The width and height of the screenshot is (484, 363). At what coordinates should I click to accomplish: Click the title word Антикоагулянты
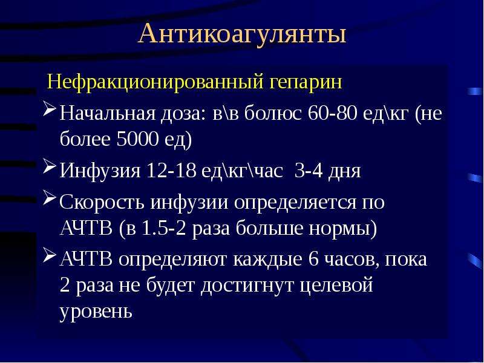pyautogui.click(x=243, y=34)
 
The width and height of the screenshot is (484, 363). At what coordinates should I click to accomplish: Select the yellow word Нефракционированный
pyautogui.click(x=155, y=82)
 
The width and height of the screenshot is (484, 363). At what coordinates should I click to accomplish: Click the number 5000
pyautogui.click(x=137, y=139)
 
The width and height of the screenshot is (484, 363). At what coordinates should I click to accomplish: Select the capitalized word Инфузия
pyautogui.click(x=100, y=171)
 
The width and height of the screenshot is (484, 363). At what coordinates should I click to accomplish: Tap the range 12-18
pyautogui.click(x=171, y=170)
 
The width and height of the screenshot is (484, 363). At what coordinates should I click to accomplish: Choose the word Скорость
pyautogui.click(x=102, y=203)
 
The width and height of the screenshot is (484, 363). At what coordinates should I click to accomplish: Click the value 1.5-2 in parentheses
pyautogui.click(x=164, y=229)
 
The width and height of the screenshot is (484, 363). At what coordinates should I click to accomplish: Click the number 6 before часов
pyautogui.click(x=313, y=259)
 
